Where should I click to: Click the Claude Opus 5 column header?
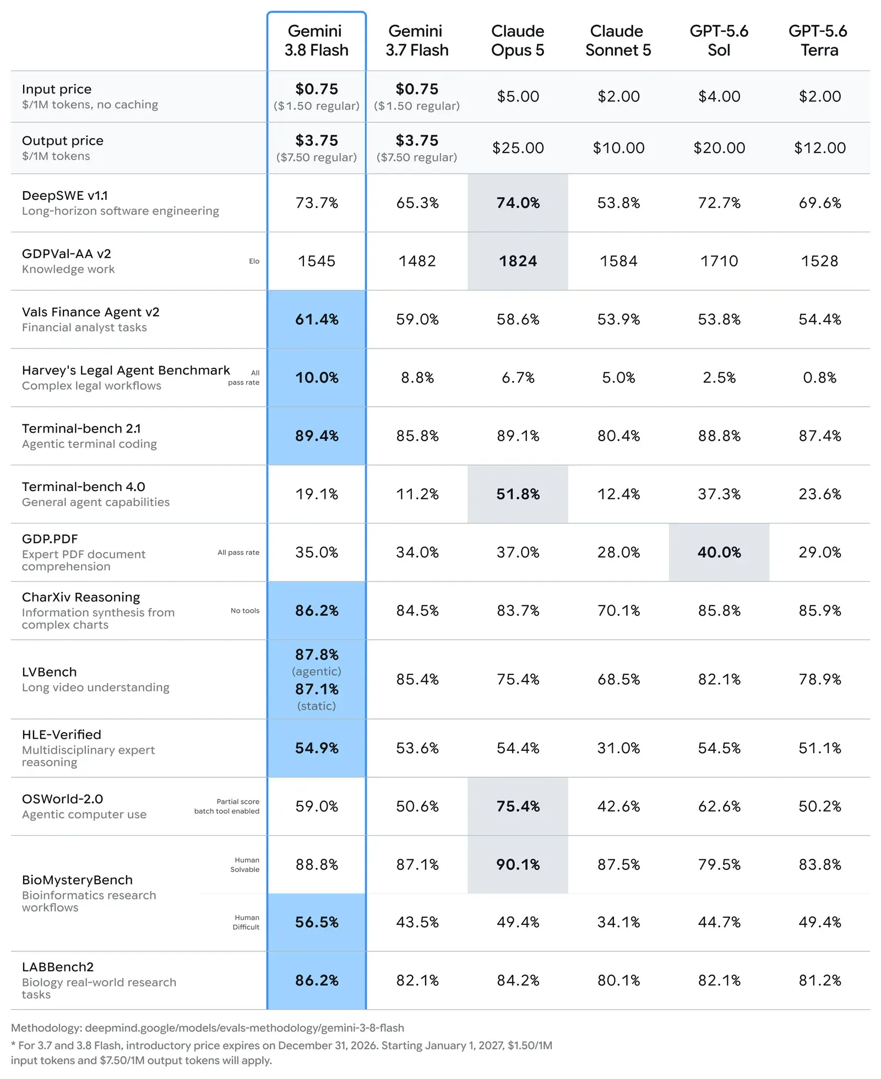518,40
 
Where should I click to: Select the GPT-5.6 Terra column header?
819,40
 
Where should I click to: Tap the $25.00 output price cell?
518,148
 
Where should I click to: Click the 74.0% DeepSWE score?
518,203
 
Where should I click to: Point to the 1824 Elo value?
518,261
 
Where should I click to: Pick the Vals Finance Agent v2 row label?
91,312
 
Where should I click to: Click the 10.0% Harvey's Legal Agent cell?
317,378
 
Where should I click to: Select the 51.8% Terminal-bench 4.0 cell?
518,494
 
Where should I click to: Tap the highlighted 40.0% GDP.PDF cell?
719,552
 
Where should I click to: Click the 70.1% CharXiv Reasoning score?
618,611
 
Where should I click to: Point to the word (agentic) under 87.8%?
317,672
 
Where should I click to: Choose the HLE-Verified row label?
62,734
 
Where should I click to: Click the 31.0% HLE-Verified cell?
618,748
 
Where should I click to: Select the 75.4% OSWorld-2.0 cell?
518,806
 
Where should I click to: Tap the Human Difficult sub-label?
246,922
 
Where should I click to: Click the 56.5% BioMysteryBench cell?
317,922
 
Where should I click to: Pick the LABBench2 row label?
58,967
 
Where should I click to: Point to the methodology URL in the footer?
244,1028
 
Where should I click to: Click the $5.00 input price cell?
518,96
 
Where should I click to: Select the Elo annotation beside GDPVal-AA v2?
254,261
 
